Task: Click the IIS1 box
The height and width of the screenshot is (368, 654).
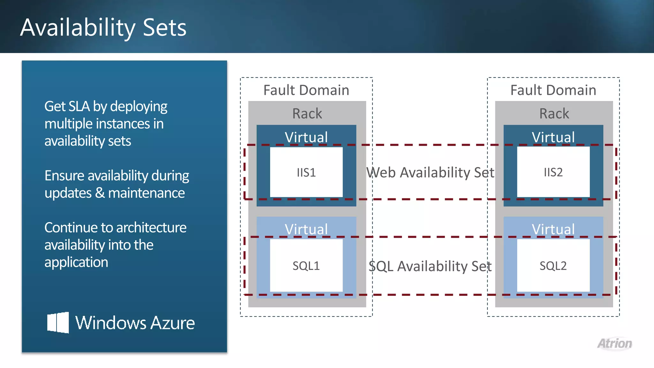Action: coord(306,172)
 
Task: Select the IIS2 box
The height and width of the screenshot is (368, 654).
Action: coord(553,172)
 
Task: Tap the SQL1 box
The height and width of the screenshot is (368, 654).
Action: coord(306,265)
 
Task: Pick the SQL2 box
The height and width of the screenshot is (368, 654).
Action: coord(553,265)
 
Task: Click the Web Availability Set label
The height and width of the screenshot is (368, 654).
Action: coord(430,172)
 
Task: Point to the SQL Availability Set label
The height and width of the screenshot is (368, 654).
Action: coord(430,266)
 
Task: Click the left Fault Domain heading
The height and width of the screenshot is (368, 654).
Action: coord(306,90)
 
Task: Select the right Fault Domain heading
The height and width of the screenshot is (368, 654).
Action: coord(553,90)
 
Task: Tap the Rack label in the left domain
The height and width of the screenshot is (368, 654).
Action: coord(307,113)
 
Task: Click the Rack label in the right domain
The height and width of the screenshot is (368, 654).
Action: coord(554,113)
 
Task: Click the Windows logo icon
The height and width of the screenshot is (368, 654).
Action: coord(58,322)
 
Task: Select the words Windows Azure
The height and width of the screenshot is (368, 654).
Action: coord(135,323)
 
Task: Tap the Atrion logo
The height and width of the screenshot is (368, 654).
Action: coord(615,344)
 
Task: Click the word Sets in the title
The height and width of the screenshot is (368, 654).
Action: coord(164,27)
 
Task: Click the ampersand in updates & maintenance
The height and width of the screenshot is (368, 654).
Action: coord(100,193)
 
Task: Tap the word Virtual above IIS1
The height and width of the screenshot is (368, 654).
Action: coord(306,137)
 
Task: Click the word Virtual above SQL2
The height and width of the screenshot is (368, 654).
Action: coord(553,229)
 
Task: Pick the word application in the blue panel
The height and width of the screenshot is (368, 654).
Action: coord(76,262)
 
